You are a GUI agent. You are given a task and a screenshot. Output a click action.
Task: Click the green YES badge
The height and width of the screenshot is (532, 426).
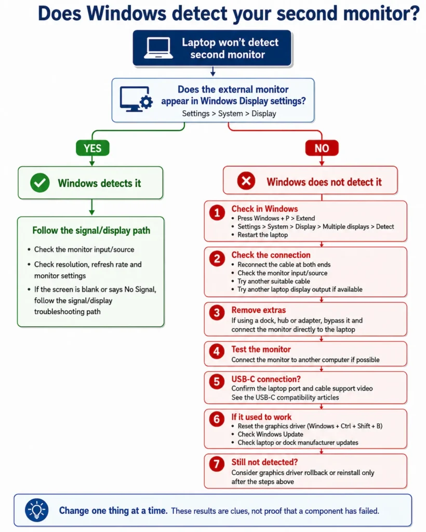(x=92, y=148)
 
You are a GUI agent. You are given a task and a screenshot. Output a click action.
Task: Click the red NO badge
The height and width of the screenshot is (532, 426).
(x=322, y=148)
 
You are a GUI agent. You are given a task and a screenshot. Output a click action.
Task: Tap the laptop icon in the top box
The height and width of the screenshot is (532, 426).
(x=158, y=48)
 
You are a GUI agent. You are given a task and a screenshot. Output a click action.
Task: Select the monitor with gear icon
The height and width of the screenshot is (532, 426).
(x=136, y=99)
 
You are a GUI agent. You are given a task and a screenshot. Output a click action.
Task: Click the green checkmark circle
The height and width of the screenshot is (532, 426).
(x=40, y=182)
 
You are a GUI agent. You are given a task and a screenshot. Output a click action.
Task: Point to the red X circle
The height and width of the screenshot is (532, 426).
(x=246, y=180)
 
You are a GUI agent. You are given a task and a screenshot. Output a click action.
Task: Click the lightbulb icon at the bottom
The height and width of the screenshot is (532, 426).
(x=37, y=510)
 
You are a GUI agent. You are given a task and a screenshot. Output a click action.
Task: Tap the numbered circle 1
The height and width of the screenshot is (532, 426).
(x=217, y=212)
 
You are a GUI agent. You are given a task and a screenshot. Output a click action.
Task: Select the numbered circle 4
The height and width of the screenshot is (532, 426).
(x=217, y=352)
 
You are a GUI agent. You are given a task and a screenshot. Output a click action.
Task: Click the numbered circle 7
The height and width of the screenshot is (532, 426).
(x=217, y=464)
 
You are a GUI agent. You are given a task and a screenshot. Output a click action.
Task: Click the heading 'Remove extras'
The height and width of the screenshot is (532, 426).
(x=258, y=310)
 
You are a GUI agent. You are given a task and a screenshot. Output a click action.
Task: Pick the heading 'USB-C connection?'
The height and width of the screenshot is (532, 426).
(x=266, y=379)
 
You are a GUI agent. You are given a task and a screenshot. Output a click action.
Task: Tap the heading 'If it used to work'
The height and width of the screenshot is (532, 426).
(x=261, y=417)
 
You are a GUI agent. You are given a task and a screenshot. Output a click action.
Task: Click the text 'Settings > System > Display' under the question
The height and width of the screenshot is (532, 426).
(x=229, y=114)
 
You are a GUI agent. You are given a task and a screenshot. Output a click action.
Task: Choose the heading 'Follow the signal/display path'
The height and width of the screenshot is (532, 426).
(x=91, y=230)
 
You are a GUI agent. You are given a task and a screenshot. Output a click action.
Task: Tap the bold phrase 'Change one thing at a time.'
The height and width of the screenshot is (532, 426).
(x=113, y=511)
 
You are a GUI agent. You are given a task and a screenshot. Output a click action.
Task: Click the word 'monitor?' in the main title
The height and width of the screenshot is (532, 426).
(x=381, y=14)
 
